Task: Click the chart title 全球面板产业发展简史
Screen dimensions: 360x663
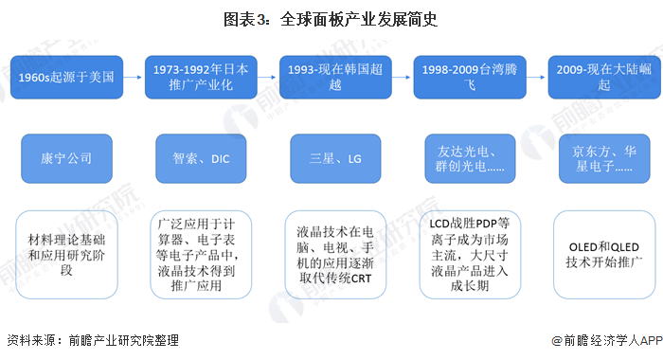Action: [x=331, y=19]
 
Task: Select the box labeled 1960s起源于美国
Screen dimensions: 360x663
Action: [x=65, y=77]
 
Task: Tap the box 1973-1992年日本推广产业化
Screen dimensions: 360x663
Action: [x=202, y=77]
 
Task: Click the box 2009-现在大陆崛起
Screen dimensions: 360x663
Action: [x=601, y=77]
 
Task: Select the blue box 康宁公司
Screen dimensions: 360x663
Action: [x=65, y=159]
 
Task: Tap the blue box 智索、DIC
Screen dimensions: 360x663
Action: [x=202, y=159]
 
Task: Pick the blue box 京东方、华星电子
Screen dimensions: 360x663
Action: [x=601, y=159]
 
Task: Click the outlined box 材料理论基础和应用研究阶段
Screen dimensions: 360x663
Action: [x=65, y=256]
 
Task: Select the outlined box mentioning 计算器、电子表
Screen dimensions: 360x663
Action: [x=202, y=256]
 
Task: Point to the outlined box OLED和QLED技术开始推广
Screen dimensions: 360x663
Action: [x=601, y=256]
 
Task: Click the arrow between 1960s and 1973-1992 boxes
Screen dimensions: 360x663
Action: [x=134, y=77]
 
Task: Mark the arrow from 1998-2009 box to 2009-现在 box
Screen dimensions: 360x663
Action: [x=536, y=77]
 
